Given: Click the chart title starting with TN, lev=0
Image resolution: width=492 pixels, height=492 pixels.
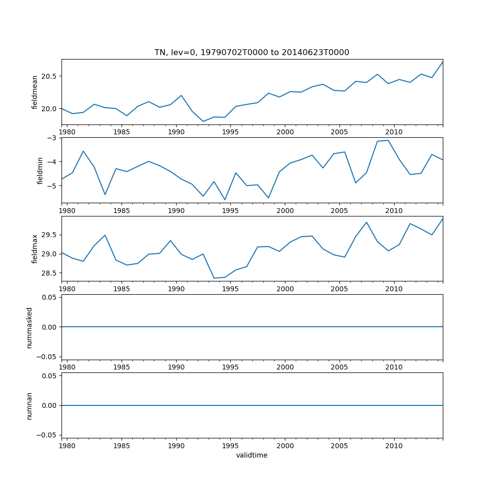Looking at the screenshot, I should tap(252, 53).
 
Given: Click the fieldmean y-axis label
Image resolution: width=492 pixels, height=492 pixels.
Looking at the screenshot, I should tap(35, 92).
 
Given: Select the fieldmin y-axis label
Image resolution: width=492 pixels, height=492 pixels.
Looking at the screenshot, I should tap(40, 170).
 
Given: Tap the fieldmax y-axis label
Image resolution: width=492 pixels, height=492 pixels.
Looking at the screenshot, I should tap(35, 248).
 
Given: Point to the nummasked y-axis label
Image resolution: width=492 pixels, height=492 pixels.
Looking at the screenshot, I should tap(30, 327).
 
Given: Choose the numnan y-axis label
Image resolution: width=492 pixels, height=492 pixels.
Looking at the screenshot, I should tap(30, 405).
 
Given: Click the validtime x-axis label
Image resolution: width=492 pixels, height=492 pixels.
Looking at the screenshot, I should tap(252, 456).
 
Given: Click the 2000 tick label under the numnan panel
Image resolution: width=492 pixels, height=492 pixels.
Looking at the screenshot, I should tap(285, 446).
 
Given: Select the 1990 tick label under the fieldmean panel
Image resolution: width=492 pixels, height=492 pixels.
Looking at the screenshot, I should tap(176, 132).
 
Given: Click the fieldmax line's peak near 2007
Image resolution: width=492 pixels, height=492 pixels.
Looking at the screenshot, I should tap(367, 222).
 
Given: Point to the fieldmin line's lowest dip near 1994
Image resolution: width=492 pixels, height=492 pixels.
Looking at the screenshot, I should tap(225, 200).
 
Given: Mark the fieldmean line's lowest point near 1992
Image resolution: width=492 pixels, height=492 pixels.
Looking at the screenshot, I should tap(203, 122).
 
